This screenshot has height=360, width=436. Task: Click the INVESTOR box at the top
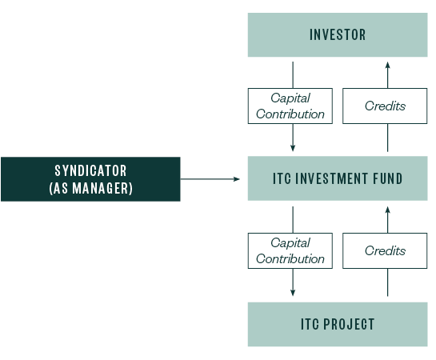click(x=338, y=34)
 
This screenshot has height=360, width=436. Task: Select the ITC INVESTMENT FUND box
click(x=338, y=178)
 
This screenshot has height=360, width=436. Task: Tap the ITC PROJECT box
click(x=338, y=324)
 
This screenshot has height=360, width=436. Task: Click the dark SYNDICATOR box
click(x=90, y=178)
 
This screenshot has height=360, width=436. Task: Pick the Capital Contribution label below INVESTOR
click(x=290, y=106)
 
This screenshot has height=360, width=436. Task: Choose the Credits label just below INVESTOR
click(x=385, y=106)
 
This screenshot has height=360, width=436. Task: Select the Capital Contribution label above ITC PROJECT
click(x=290, y=250)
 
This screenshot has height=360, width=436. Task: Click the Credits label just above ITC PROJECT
click(x=385, y=250)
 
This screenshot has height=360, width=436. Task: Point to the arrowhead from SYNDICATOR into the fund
click(x=238, y=178)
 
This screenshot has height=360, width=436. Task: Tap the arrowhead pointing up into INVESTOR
click(x=388, y=63)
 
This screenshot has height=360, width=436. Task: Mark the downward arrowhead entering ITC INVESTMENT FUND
click(x=293, y=149)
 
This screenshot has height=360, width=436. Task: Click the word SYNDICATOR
click(x=90, y=170)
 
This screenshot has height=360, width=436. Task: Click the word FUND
click(x=390, y=178)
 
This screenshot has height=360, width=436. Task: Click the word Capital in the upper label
click(x=290, y=98)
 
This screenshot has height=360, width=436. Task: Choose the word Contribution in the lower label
click(x=290, y=258)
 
